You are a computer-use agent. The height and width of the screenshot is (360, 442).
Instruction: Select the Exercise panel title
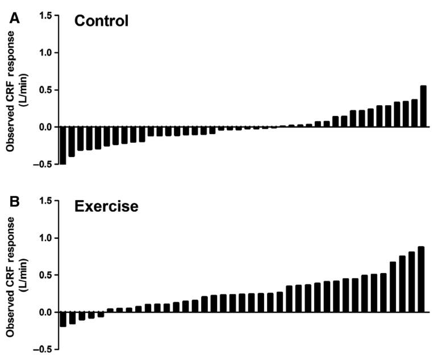pos(106,206)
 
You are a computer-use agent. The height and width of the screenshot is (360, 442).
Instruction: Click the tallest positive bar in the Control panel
pos(423,106)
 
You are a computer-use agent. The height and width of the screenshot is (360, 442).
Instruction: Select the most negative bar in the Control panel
pos(62,146)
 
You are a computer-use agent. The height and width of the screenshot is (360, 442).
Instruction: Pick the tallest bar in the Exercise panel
pos(421,279)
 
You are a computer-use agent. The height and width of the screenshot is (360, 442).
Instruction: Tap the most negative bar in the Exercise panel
pos(62,319)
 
